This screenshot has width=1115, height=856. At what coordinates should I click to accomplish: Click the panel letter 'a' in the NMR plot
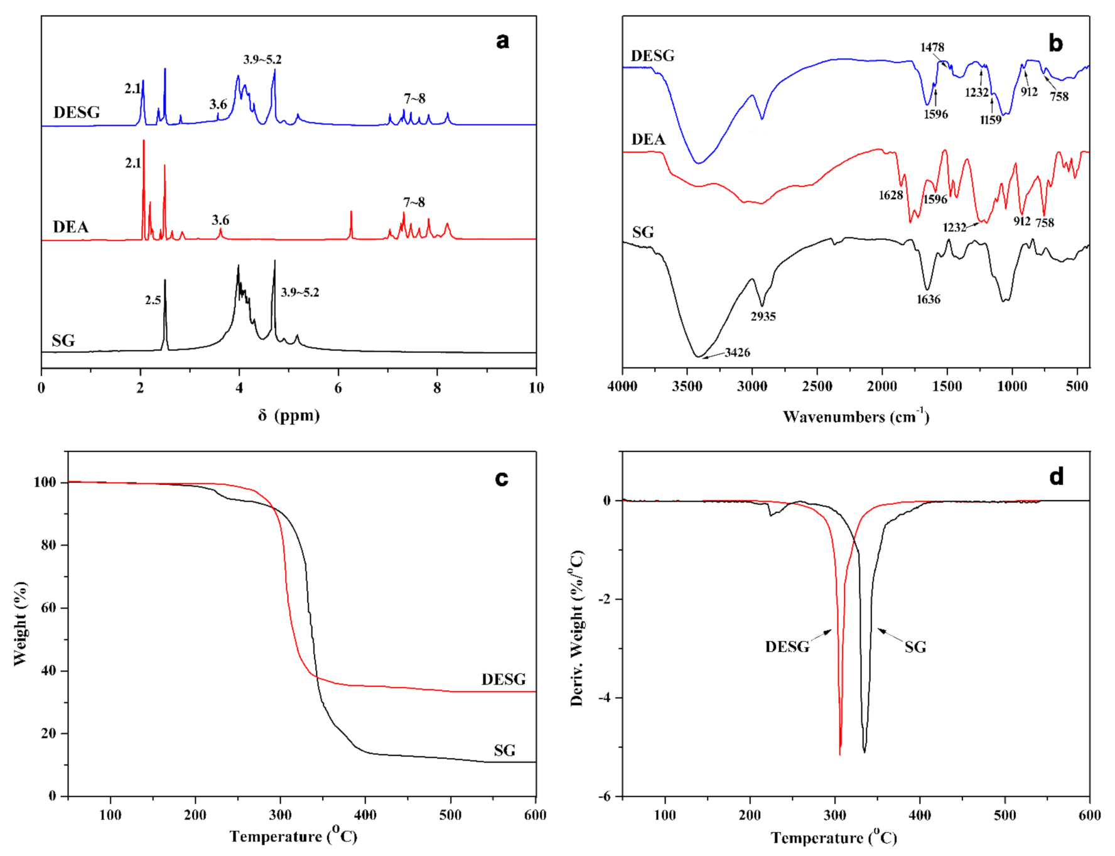pyautogui.click(x=502, y=41)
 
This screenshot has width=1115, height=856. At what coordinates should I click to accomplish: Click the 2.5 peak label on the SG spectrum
pyautogui.click(x=153, y=300)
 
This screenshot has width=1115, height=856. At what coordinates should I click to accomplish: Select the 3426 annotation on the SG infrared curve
pyautogui.click(x=737, y=352)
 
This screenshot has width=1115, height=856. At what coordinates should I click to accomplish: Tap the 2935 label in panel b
pyautogui.click(x=763, y=317)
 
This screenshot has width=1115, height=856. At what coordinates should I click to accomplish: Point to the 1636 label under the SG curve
pyautogui.click(x=928, y=300)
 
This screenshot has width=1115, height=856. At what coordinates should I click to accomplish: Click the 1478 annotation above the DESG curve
pyautogui.click(x=932, y=48)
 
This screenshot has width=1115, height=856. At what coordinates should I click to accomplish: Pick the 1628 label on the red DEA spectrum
pyautogui.click(x=890, y=195)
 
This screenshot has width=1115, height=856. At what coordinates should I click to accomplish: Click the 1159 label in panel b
pyautogui.click(x=991, y=120)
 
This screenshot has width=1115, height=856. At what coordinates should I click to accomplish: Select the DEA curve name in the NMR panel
pyautogui.click(x=70, y=227)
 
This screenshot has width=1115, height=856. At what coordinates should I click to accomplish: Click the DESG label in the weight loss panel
pyautogui.click(x=504, y=680)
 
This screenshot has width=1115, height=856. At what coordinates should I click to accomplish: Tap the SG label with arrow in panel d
pyautogui.click(x=915, y=647)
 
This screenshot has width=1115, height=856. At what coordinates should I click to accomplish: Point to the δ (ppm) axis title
pyautogui.click(x=289, y=415)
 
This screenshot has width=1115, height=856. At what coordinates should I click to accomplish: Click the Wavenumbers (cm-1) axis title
pyautogui.click(x=856, y=416)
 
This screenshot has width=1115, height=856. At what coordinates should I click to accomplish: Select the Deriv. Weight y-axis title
pyautogui.click(x=577, y=628)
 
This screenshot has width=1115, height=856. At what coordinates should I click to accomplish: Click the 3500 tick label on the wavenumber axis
pyautogui.click(x=687, y=387)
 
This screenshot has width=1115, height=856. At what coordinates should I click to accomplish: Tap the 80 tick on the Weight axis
pyautogui.click(x=48, y=545)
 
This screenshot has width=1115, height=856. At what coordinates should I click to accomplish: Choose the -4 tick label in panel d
pyautogui.click(x=604, y=698)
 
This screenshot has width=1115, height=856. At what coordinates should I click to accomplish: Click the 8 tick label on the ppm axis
pyautogui.click(x=437, y=388)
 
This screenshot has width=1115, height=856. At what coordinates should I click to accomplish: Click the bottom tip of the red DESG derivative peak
pyautogui.click(x=839, y=754)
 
